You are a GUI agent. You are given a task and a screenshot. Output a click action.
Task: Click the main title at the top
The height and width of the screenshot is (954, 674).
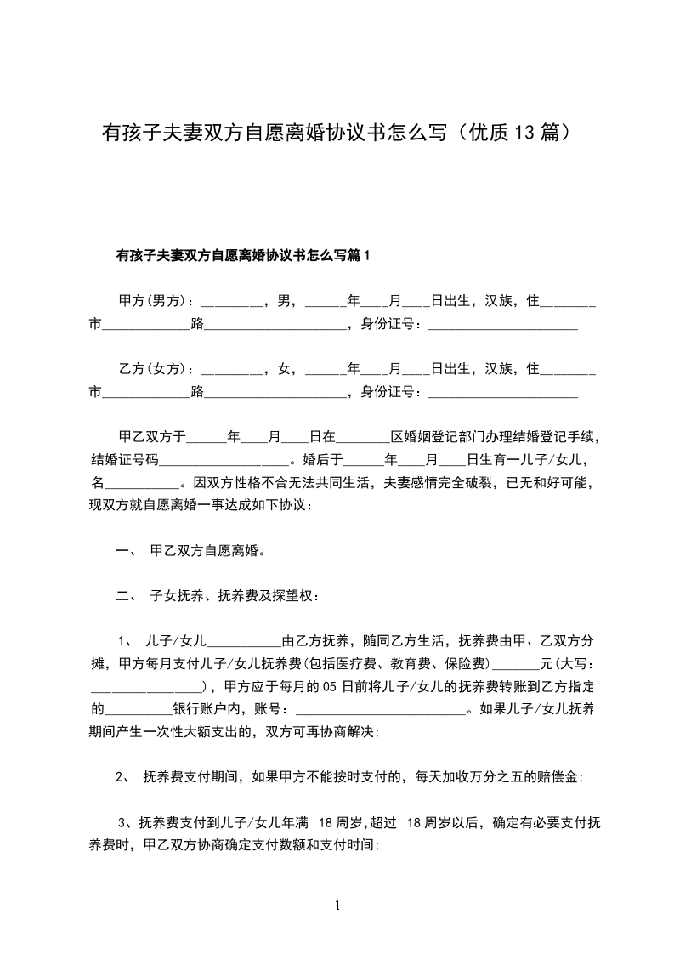336,133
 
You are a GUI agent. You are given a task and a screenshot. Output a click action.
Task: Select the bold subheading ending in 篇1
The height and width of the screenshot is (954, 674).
242,255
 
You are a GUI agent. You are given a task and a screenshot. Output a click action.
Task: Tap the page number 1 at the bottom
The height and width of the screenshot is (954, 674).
337,906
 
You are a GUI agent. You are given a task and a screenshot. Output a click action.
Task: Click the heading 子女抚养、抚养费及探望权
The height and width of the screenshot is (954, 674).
235,596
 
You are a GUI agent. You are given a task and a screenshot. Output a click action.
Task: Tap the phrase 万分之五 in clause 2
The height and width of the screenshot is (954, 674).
491,776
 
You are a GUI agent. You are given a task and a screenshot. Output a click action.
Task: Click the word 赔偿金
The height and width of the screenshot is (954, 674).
558,776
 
